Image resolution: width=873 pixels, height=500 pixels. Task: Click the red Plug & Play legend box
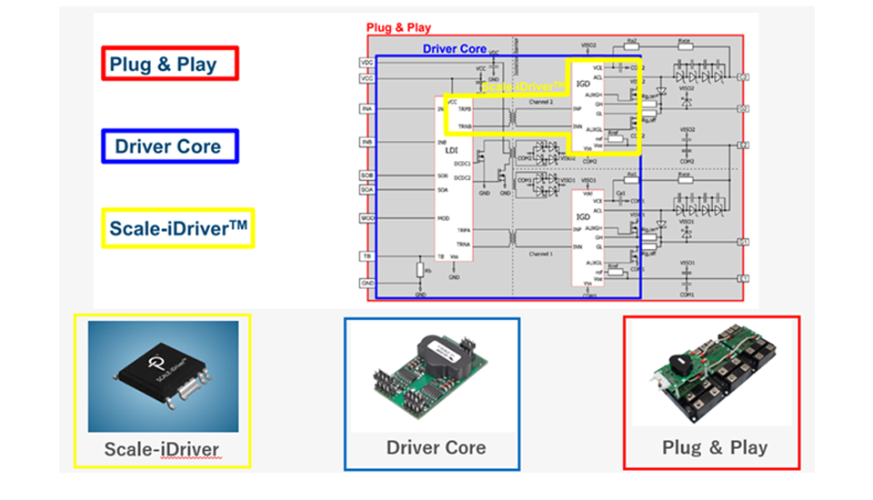(169, 64)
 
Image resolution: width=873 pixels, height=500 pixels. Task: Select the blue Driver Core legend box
(168, 145)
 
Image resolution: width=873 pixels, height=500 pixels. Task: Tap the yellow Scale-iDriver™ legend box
(177, 227)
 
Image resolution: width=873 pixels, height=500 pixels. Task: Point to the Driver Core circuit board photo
(431, 375)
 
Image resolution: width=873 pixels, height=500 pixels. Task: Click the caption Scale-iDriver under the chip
(163, 449)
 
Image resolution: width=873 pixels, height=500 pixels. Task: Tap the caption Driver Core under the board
(436, 447)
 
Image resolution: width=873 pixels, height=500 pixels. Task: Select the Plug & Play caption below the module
(714, 447)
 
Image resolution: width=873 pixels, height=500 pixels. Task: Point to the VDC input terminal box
(366, 62)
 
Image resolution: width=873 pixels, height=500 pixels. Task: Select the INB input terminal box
(366, 143)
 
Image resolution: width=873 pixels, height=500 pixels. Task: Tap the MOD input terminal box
(366, 218)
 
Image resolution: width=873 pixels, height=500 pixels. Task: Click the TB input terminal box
(366, 257)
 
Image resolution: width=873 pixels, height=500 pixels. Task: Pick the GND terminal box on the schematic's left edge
(366, 283)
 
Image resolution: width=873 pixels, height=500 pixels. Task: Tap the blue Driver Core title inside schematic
(454, 49)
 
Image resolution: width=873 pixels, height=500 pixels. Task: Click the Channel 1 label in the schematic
(541, 254)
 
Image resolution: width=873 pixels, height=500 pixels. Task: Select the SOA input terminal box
(366, 189)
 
